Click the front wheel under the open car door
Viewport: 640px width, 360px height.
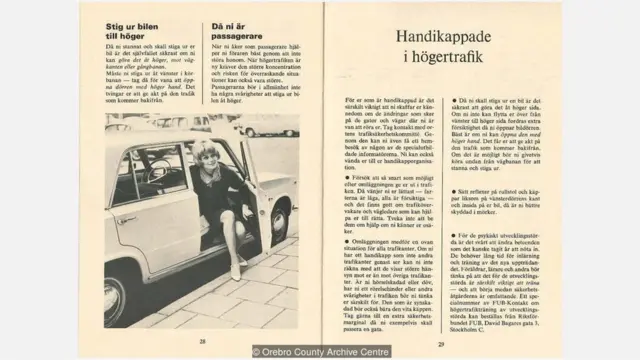278,228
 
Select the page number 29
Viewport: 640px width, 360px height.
439,341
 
